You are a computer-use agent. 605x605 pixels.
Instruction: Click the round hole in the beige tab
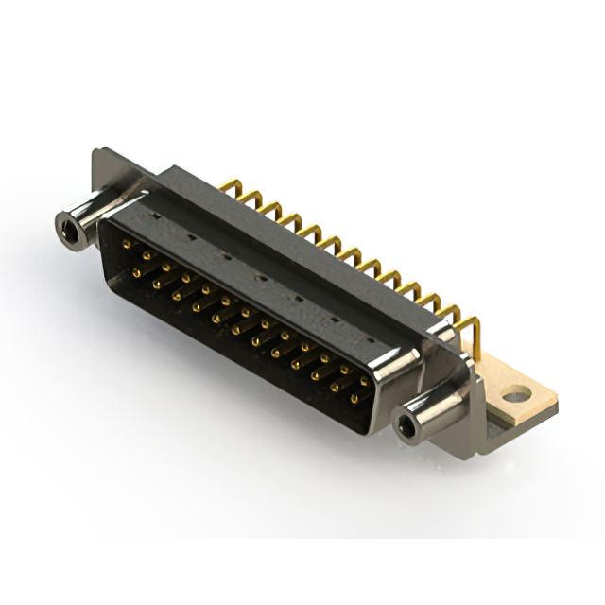(514, 394)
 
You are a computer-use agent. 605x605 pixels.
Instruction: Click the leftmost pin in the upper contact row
(127, 244)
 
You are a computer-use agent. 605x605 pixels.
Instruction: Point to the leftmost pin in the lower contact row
(137, 272)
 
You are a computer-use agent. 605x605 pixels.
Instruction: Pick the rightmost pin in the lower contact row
(354, 398)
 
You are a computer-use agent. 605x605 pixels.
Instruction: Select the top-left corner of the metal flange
(95, 152)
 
